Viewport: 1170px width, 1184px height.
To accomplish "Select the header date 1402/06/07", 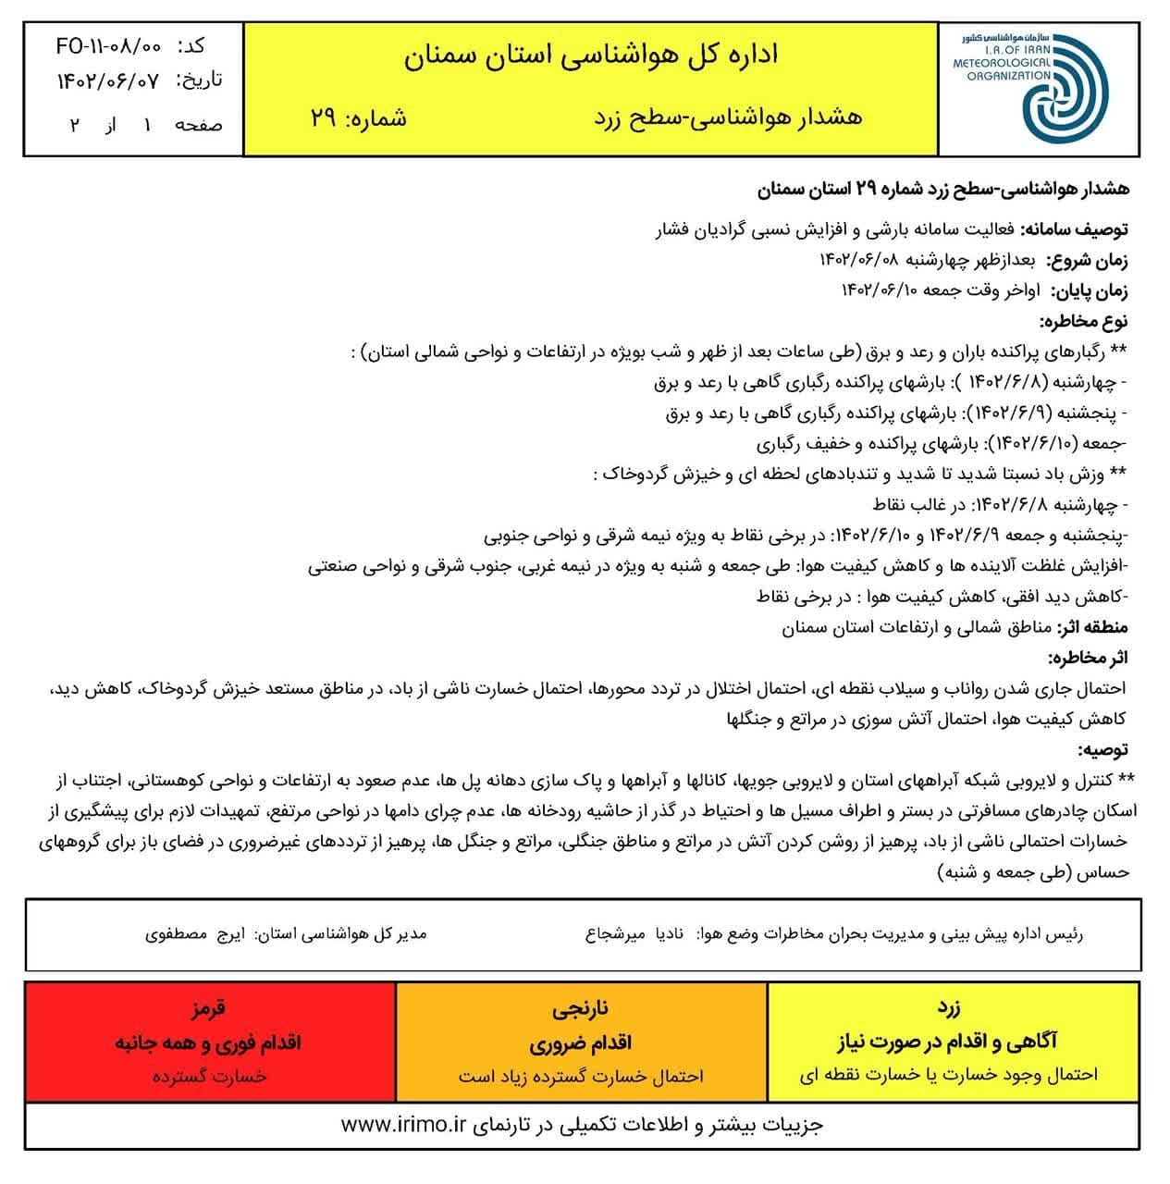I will pyautogui.click(x=108, y=80).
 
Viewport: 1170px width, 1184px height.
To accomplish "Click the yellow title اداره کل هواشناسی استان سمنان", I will pyautogui.click(x=592, y=55).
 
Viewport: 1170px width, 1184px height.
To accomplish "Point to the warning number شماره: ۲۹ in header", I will pyautogui.click(x=360, y=118).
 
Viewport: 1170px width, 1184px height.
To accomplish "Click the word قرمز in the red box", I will pyautogui.click(x=208, y=1007).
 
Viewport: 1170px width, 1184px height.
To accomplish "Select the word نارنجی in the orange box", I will pyautogui.click(x=580, y=1007).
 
